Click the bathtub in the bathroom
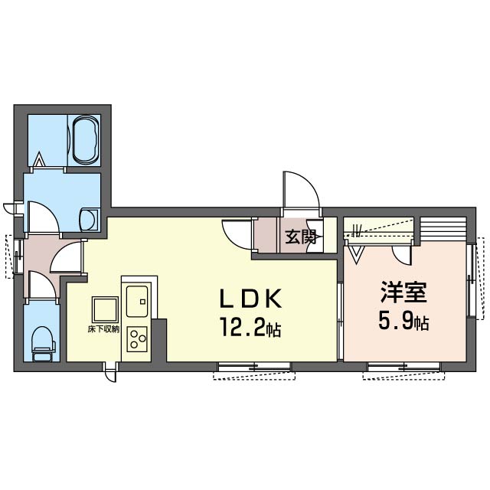point(84,140)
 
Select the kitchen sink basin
point(137,301)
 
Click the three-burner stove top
point(137,338)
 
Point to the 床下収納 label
point(103,329)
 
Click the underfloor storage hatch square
point(106,309)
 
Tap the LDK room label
point(251,298)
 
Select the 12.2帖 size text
point(251,327)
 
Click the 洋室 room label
point(403,292)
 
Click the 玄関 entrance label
point(299,237)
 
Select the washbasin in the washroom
point(90,220)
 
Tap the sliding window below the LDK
point(254,367)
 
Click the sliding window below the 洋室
point(403,367)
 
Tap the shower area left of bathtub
point(47,140)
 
